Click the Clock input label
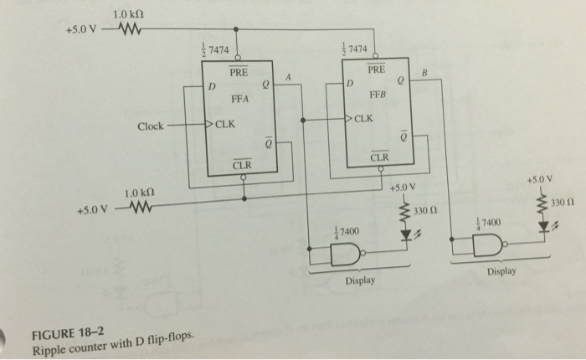(151, 126)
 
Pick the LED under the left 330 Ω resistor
(409, 238)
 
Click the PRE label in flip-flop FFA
(240, 74)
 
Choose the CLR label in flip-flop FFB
(380, 157)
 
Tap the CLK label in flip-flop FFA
(225, 126)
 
